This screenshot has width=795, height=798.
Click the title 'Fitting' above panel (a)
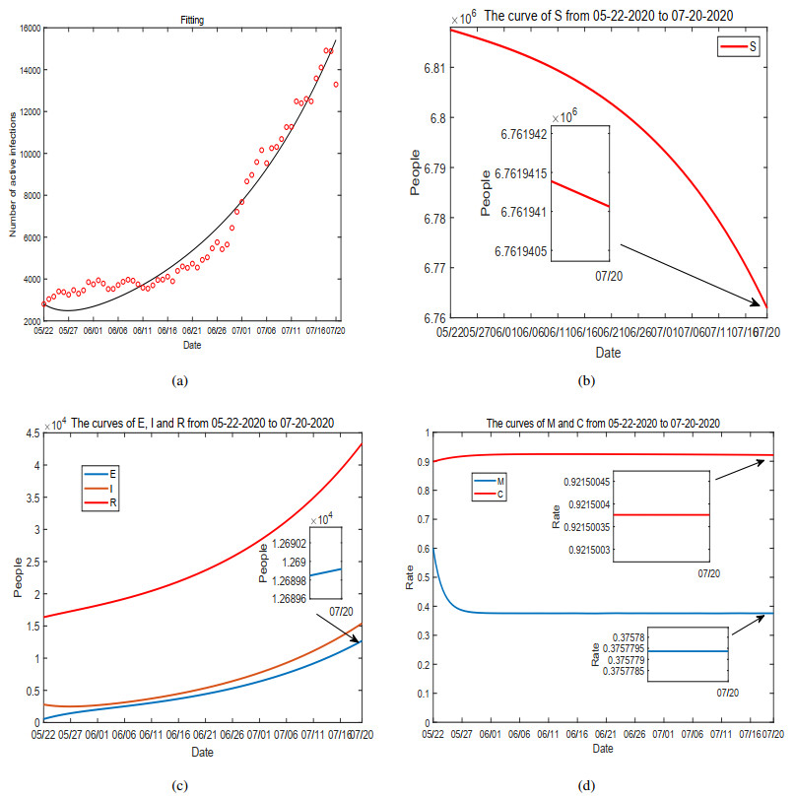(192, 19)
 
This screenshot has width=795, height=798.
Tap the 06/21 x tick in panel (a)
(191, 332)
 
